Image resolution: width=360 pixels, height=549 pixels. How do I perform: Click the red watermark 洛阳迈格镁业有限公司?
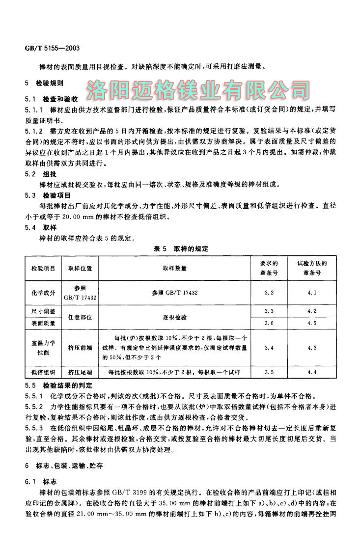point(198,89)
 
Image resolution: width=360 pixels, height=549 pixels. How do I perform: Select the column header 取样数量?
point(174,268)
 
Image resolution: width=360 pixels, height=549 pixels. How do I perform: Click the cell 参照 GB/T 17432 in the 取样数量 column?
point(174,292)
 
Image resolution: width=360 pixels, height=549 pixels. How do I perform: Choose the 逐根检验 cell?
point(174,317)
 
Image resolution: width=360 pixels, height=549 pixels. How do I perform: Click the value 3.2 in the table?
point(269,292)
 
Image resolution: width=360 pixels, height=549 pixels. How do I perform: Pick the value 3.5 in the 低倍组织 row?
point(269,372)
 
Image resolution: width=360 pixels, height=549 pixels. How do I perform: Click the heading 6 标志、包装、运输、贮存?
point(63,465)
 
